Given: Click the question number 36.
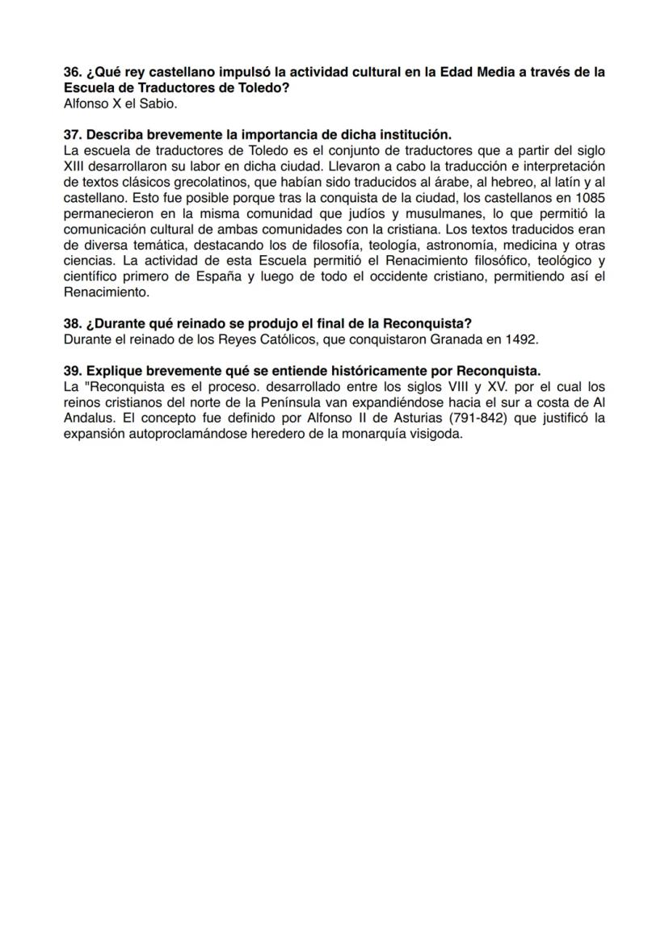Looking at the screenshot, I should point(73,73).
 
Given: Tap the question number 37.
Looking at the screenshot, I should point(73,135).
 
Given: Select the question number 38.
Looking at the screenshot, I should point(73,324).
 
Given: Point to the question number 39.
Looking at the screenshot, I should point(73,371).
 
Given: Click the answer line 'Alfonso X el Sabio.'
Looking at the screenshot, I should point(120,103).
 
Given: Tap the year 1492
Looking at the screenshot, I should point(521,339).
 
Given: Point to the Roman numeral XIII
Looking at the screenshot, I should point(76,166).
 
